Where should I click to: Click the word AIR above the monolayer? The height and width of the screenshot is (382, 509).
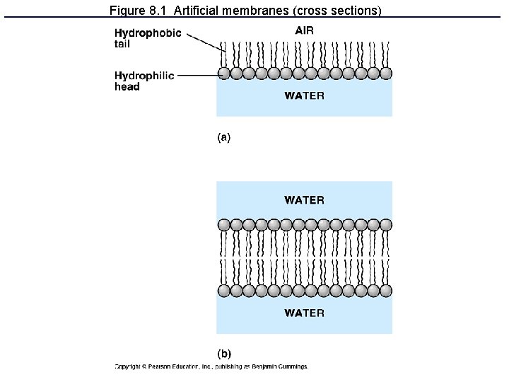pyautogui.click(x=304, y=30)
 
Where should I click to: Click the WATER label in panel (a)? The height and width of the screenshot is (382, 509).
pyautogui.click(x=304, y=96)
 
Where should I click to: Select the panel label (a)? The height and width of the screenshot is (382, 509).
pyautogui.click(x=223, y=138)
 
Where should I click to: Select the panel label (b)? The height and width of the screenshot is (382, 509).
pyautogui.click(x=223, y=353)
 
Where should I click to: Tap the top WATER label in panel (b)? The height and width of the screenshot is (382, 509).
pyautogui.click(x=304, y=200)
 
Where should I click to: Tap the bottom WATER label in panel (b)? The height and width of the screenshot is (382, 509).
pyautogui.click(x=304, y=313)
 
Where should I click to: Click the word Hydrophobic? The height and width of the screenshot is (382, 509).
pyautogui.click(x=148, y=33)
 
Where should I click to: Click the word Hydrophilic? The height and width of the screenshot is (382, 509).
pyautogui.click(x=144, y=76)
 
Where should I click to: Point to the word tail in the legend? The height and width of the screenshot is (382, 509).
pyautogui.click(x=122, y=44)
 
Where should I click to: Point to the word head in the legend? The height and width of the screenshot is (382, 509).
pyautogui.click(x=127, y=87)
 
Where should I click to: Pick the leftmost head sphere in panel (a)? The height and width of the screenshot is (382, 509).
pyautogui.click(x=224, y=73)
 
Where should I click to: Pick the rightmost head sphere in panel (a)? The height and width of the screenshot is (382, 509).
pyautogui.click(x=385, y=73)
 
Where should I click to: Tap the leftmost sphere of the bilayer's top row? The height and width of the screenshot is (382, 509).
pyautogui.click(x=224, y=225)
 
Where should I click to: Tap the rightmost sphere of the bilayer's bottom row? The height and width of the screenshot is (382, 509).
pyautogui.click(x=385, y=291)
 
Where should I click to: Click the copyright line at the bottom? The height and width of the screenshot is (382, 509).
pyautogui.click(x=211, y=366)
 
